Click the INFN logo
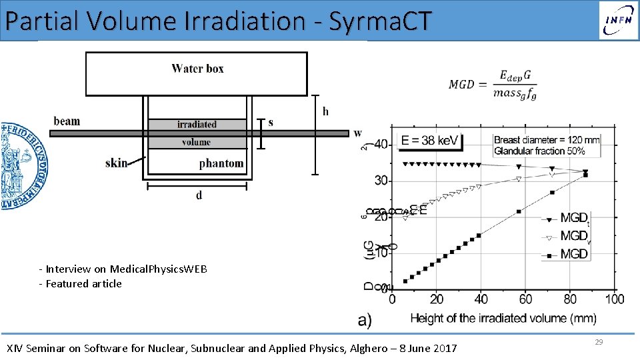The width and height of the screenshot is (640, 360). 617,20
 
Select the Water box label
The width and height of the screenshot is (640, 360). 197,68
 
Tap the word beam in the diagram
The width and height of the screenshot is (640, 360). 67,121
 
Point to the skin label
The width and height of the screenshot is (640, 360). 116,163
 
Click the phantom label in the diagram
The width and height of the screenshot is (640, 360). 221,163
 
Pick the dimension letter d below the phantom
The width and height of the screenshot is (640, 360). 199,195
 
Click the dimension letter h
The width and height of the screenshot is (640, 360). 325,111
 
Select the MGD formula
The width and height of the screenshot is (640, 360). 492,84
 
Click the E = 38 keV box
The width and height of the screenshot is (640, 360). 430,141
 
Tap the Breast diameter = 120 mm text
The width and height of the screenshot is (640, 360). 547,140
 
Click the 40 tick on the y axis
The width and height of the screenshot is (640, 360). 381,145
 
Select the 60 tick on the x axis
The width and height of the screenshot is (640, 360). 525,299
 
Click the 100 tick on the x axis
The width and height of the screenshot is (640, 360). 614,299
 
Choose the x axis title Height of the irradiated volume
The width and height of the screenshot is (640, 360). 503,317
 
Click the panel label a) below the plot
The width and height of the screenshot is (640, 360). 365,320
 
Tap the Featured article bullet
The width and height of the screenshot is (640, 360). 81,283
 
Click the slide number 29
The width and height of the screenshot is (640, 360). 599,341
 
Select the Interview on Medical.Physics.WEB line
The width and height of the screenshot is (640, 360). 124,269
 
